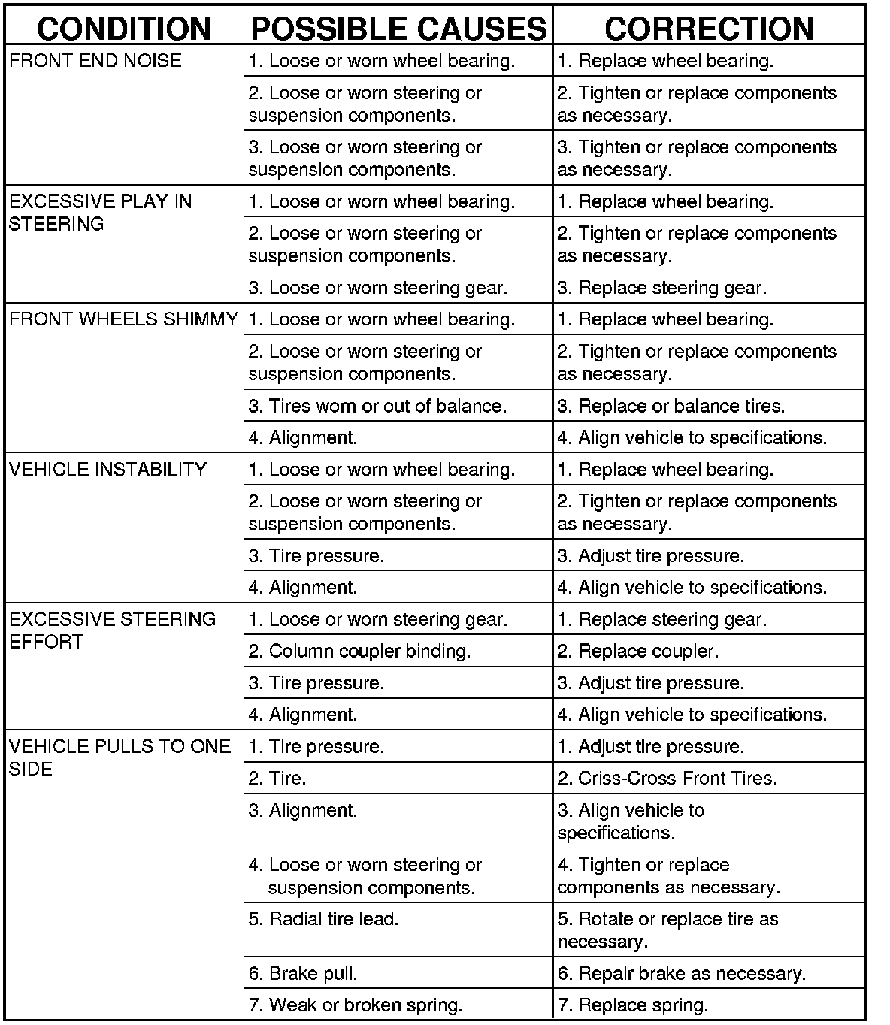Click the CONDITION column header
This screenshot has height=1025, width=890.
coord(124,29)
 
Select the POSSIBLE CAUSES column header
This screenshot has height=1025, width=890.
coord(398,29)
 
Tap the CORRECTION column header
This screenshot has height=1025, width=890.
coord(709,29)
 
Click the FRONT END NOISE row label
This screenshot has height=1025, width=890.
coord(95,61)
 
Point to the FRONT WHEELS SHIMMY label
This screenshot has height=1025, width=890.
coord(123,319)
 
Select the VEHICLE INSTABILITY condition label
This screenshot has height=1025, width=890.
coord(107,470)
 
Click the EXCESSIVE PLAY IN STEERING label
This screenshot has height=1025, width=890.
coord(101,213)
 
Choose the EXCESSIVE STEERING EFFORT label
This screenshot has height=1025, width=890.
coord(112,630)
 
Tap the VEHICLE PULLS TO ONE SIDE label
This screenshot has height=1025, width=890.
coord(120,757)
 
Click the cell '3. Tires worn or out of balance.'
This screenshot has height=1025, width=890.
coord(377,406)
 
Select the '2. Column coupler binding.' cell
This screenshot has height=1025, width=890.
coord(359,651)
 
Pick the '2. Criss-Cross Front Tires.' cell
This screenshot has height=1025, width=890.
coord(667,779)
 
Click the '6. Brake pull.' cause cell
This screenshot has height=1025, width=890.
coord(303,974)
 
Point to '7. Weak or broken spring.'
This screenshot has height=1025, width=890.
coord(355,1005)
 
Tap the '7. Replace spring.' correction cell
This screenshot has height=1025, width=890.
coord(632,1005)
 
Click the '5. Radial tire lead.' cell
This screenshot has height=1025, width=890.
coord(323,919)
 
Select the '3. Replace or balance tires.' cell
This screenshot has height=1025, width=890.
coord(671,406)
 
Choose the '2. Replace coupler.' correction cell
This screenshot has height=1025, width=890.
coord(637,651)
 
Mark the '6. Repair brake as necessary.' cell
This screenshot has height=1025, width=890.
coord(681,974)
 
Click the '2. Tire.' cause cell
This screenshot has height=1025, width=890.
coord(277,779)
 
